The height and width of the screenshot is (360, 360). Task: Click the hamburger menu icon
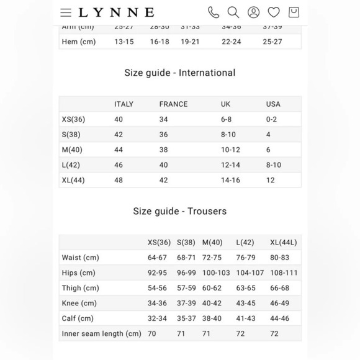click(x=66, y=12)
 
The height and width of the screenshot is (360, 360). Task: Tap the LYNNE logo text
click(x=116, y=12)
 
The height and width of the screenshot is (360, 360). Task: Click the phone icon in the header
click(x=213, y=12)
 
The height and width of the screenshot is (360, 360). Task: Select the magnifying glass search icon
click(x=233, y=12)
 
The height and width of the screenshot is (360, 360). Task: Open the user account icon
click(x=253, y=12)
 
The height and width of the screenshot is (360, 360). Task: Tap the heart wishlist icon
click(x=274, y=12)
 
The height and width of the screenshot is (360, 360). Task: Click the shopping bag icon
click(x=294, y=12)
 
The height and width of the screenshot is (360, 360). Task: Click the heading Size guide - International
click(x=180, y=73)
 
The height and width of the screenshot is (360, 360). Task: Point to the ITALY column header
click(x=124, y=104)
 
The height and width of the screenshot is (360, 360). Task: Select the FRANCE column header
click(x=173, y=104)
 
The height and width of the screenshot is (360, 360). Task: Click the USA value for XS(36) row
click(x=271, y=120)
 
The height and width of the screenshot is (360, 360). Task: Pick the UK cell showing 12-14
click(x=231, y=165)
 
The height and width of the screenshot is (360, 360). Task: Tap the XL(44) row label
click(x=73, y=181)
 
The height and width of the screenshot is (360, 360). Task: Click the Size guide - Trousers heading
click(x=180, y=211)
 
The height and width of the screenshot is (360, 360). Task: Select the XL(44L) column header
click(x=284, y=243)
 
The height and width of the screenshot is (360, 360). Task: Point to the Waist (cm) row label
click(x=80, y=258)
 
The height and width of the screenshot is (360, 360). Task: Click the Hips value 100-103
click(x=216, y=273)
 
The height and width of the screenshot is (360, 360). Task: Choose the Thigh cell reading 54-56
click(x=157, y=288)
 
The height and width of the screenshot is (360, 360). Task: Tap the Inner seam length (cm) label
click(x=102, y=334)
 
